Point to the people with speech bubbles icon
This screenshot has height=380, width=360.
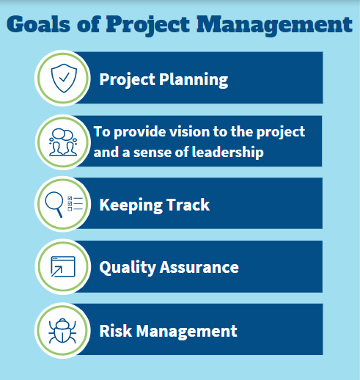(62, 141)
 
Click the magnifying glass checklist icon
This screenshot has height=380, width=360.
(62, 204)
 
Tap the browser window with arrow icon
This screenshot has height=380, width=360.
(62, 267)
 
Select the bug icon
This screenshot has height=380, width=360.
(62, 330)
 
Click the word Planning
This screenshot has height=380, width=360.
(194, 79)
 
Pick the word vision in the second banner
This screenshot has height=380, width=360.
(190, 133)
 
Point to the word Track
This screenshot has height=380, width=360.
(188, 205)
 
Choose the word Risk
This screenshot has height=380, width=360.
(114, 330)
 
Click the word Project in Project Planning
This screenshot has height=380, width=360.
(126, 79)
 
